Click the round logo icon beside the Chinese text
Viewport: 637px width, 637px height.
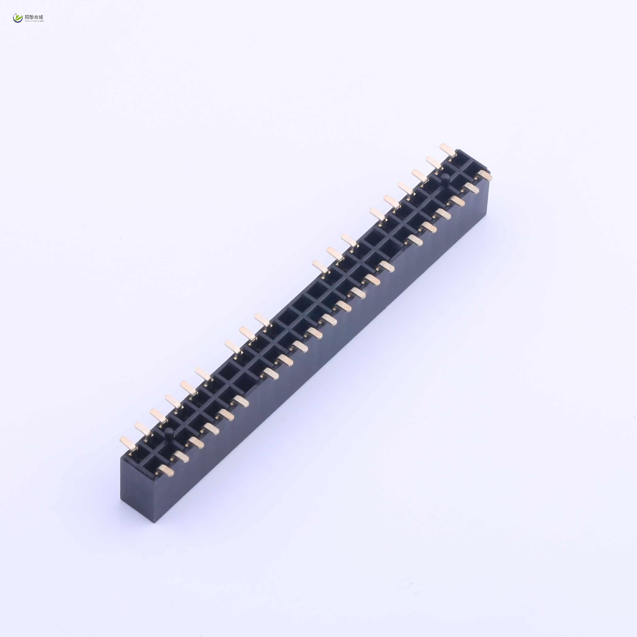18,18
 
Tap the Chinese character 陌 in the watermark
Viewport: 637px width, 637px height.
27,17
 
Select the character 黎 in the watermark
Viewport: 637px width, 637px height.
32,17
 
